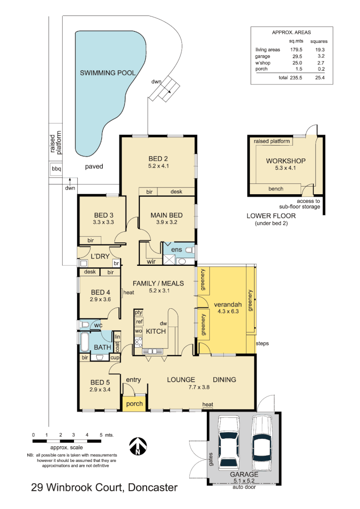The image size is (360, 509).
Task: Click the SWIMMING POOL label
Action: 107,73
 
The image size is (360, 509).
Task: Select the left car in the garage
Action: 229,443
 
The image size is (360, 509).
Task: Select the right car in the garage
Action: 262,441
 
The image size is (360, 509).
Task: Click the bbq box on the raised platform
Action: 56,169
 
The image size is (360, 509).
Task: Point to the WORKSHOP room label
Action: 286,161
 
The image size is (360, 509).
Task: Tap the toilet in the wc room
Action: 85,324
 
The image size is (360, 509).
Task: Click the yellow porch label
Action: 134,404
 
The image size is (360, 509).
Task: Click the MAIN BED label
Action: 166,215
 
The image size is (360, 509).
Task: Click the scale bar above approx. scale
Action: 67,441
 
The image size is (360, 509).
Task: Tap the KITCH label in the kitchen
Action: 155,331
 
